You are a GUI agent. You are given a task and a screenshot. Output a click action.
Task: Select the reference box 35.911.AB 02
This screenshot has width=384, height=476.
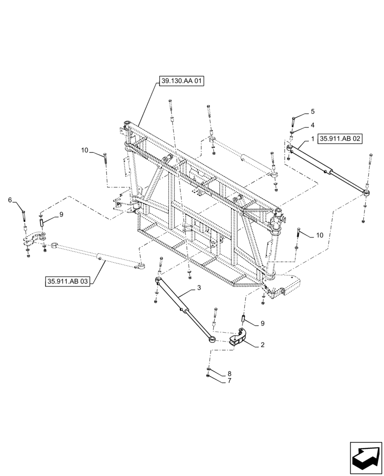pos(341,139)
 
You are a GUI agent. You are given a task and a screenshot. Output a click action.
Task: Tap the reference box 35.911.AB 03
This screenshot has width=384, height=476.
pos(68,281)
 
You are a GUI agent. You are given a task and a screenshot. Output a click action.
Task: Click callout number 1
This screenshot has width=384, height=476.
pos(312,139)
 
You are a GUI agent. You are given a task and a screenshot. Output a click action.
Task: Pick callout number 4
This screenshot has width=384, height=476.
pos(312,125)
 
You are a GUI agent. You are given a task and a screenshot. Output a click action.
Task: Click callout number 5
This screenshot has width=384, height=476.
pos(312,111)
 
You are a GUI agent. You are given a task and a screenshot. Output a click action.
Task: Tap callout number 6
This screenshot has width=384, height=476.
pos(10,200)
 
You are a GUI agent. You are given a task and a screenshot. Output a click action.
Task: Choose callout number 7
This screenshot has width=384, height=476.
pos(229,380)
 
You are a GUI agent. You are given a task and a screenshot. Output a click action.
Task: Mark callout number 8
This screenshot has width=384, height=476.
pos(229,374)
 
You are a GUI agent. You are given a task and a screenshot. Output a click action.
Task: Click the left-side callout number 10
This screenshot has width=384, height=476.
pos(85,150)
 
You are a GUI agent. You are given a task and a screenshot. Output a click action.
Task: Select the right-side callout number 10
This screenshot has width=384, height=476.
pos(319,235)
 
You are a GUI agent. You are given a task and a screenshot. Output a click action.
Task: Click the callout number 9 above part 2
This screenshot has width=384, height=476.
pos(262,324)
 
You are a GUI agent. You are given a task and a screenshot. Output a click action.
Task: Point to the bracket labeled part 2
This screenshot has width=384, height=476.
pos(239,338)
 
